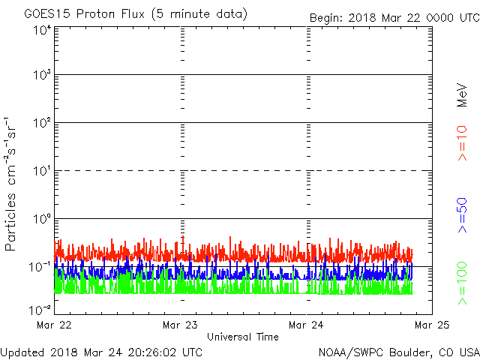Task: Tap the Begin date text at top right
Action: pos(394,18)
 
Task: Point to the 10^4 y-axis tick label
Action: pos(42,31)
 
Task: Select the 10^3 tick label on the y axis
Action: pos(42,75)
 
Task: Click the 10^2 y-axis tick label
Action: pos(42,123)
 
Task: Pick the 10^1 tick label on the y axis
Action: pos(42,171)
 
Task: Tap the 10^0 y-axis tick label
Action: pos(42,219)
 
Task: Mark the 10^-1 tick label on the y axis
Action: pos(40,267)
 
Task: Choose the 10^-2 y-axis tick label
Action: pos(40,310)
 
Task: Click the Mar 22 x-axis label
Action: pos(54,325)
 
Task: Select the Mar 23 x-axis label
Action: pos(180,325)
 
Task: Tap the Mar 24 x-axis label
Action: pos(306,325)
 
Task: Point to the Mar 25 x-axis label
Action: pos(432,325)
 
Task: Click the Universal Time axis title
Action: pos(243,337)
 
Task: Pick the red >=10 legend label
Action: pos(462,143)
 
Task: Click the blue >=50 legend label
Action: pos(462,215)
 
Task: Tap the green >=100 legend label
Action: pos(462,283)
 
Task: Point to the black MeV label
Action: pos(462,95)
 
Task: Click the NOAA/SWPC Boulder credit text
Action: pos(399,352)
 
